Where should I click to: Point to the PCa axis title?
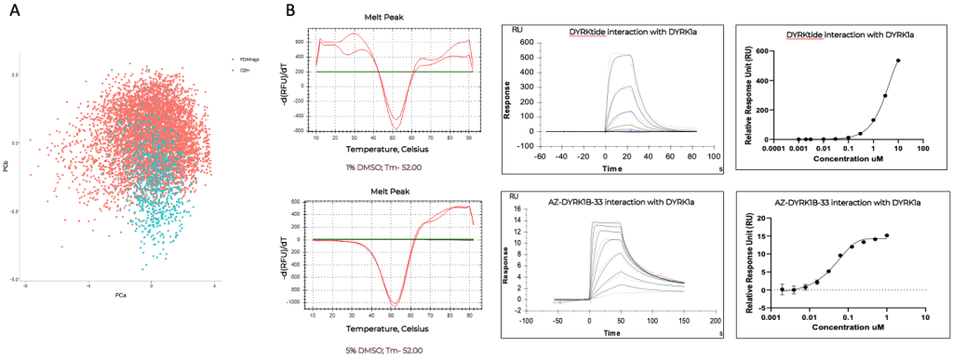point(121,294)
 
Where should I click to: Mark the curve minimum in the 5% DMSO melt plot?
point(396,303)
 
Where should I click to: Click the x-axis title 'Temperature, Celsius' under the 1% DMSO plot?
point(395,148)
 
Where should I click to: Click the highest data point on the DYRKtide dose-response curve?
point(899,61)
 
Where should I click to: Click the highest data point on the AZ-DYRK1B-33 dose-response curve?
point(886,235)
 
